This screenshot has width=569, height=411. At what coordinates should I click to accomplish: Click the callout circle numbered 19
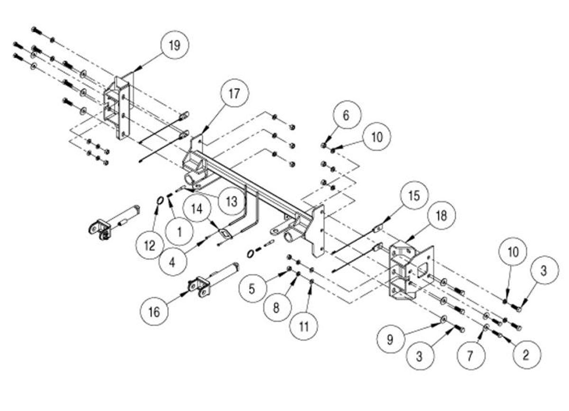tap(174, 46)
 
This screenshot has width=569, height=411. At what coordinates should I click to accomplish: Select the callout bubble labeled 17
tap(233, 94)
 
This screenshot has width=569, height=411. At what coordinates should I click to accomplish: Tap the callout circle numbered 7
tap(470, 356)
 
